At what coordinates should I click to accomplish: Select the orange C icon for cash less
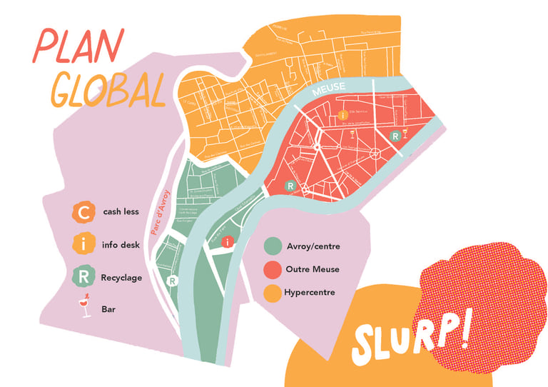click(84, 212)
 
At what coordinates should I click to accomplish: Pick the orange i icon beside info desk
click(84, 244)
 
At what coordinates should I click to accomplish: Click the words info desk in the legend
click(122, 244)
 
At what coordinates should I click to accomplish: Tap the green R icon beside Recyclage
click(84, 276)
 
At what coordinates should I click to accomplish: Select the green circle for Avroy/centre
click(273, 246)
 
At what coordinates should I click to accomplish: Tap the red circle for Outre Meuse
click(273, 270)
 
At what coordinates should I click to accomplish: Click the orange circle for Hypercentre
click(273, 293)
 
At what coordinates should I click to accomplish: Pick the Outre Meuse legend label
click(312, 270)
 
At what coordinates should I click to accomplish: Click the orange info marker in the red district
click(343, 114)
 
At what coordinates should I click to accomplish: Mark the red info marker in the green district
click(227, 243)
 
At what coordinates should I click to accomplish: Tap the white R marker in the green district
click(172, 281)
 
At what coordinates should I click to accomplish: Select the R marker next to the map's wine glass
click(395, 136)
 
